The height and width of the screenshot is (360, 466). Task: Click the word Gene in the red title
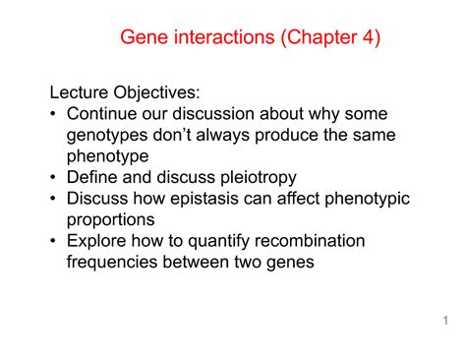click(x=144, y=38)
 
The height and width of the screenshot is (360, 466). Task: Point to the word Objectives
click(x=160, y=93)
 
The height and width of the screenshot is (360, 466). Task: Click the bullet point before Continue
click(x=55, y=114)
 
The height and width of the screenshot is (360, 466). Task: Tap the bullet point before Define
click(x=55, y=178)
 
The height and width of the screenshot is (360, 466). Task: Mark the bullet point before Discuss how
click(x=55, y=200)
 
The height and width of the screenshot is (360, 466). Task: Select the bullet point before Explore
click(x=55, y=242)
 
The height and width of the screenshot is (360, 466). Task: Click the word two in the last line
click(x=248, y=263)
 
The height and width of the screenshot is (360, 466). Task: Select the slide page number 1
click(x=445, y=321)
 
